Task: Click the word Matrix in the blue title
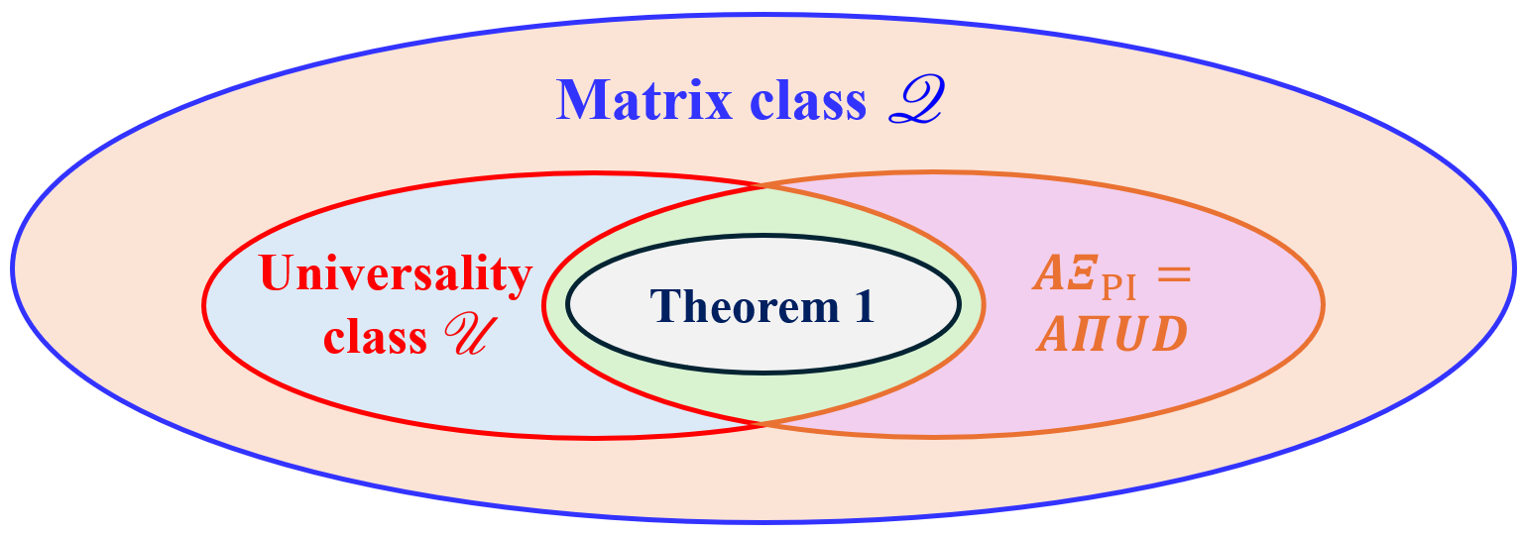coord(643,100)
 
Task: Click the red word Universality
coord(396,273)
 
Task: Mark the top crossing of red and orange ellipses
coord(762,185)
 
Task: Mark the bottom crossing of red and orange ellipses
coord(762,424)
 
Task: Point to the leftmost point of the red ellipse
coord(204,304)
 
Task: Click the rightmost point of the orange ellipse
coord(1323,304)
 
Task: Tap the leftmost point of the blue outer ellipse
coord(13,268)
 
